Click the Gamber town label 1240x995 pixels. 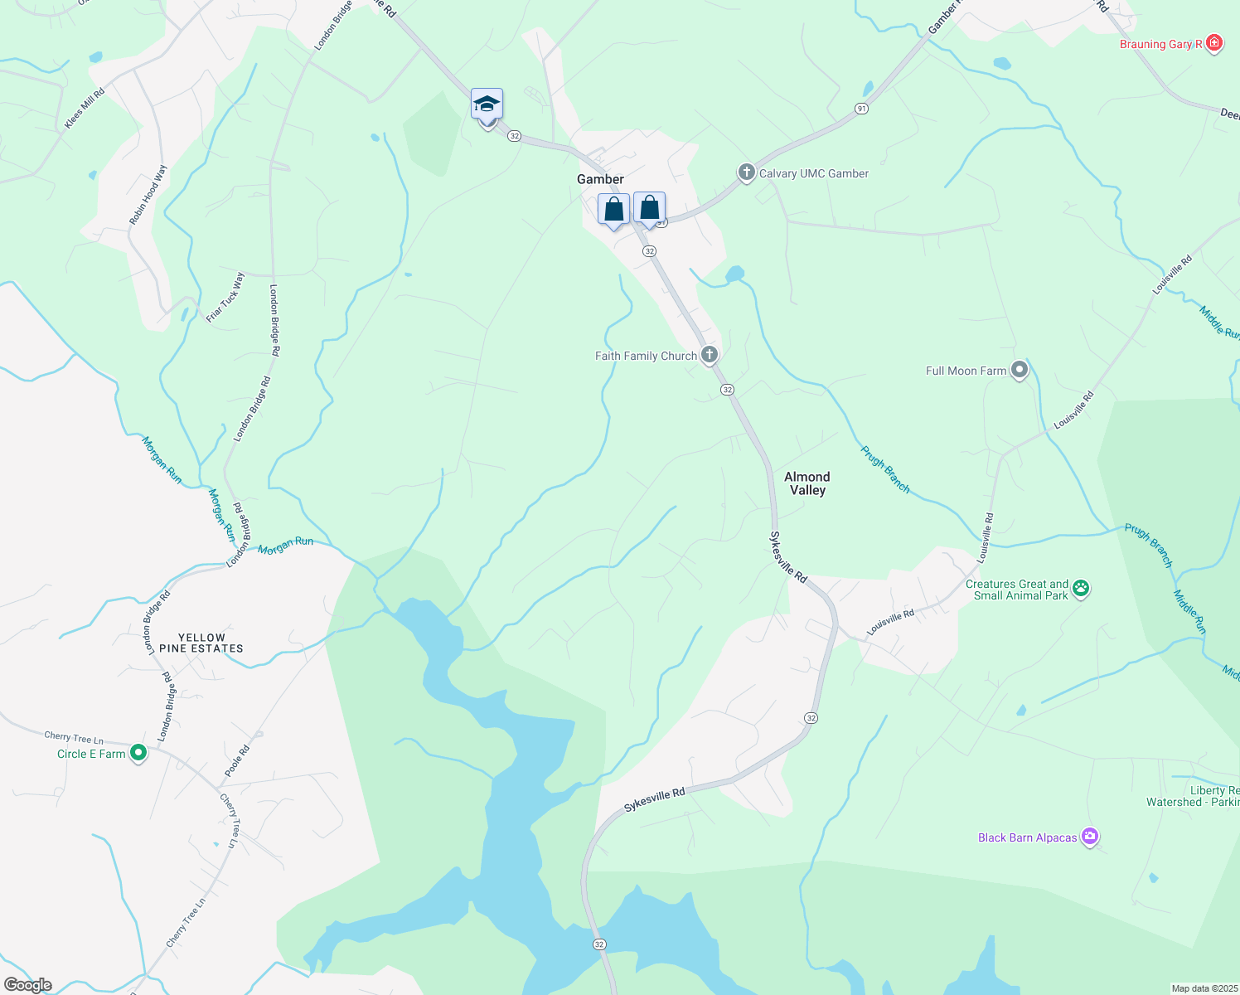click(600, 179)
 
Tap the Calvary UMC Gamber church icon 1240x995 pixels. click(746, 173)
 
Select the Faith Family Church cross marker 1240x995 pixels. click(710, 356)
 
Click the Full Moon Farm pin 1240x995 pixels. click(1020, 371)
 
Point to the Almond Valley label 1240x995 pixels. click(807, 483)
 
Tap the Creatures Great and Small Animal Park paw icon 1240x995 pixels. click(1081, 589)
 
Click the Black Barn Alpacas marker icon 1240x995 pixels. click(1090, 837)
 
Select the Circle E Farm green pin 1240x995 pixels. click(138, 753)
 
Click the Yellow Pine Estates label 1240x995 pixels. click(201, 643)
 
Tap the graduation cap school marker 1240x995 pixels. click(487, 105)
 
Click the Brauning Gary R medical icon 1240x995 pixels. click(1214, 43)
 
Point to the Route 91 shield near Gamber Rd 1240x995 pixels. click(862, 109)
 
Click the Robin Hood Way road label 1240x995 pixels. click(148, 195)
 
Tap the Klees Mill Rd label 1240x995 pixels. click(85, 109)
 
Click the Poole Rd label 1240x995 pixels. click(237, 760)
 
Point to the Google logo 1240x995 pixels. click(28, 985)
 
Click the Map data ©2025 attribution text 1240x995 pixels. click(1204, 988)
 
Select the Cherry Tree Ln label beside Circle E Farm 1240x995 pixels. click(74, 737)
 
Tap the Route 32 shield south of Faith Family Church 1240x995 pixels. click(727, 390)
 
